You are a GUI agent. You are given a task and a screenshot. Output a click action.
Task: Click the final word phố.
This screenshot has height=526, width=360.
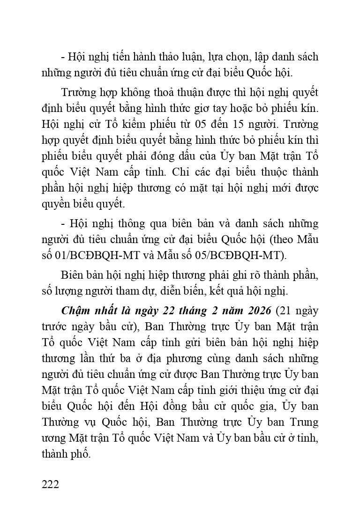pos(78,455)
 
